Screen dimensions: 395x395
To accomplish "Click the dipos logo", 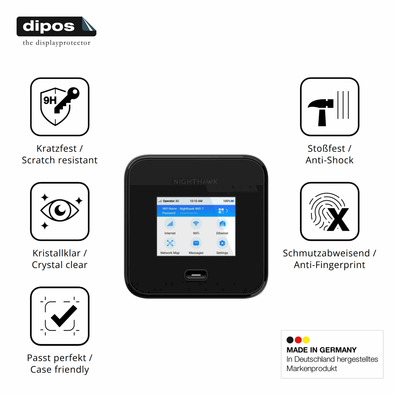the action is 56,27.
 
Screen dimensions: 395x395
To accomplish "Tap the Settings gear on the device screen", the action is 222,243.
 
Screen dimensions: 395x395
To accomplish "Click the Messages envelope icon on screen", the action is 196,243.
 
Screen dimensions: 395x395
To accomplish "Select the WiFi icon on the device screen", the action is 196,224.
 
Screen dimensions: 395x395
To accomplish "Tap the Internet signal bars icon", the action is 170,224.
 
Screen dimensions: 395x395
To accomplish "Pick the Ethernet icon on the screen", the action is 222,224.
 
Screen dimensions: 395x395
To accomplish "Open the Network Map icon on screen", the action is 170,243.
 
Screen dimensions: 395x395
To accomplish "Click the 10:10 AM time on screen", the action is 196,201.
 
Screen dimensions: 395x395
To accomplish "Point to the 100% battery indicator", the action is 228,201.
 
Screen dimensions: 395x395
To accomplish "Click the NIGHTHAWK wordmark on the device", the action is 195,182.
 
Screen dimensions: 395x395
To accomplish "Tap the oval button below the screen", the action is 196,275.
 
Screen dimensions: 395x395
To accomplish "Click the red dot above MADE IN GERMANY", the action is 298,340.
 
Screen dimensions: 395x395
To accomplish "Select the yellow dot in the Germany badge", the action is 306,340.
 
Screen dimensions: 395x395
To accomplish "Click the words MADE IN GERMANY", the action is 321,350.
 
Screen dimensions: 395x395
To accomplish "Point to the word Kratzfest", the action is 56,148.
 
